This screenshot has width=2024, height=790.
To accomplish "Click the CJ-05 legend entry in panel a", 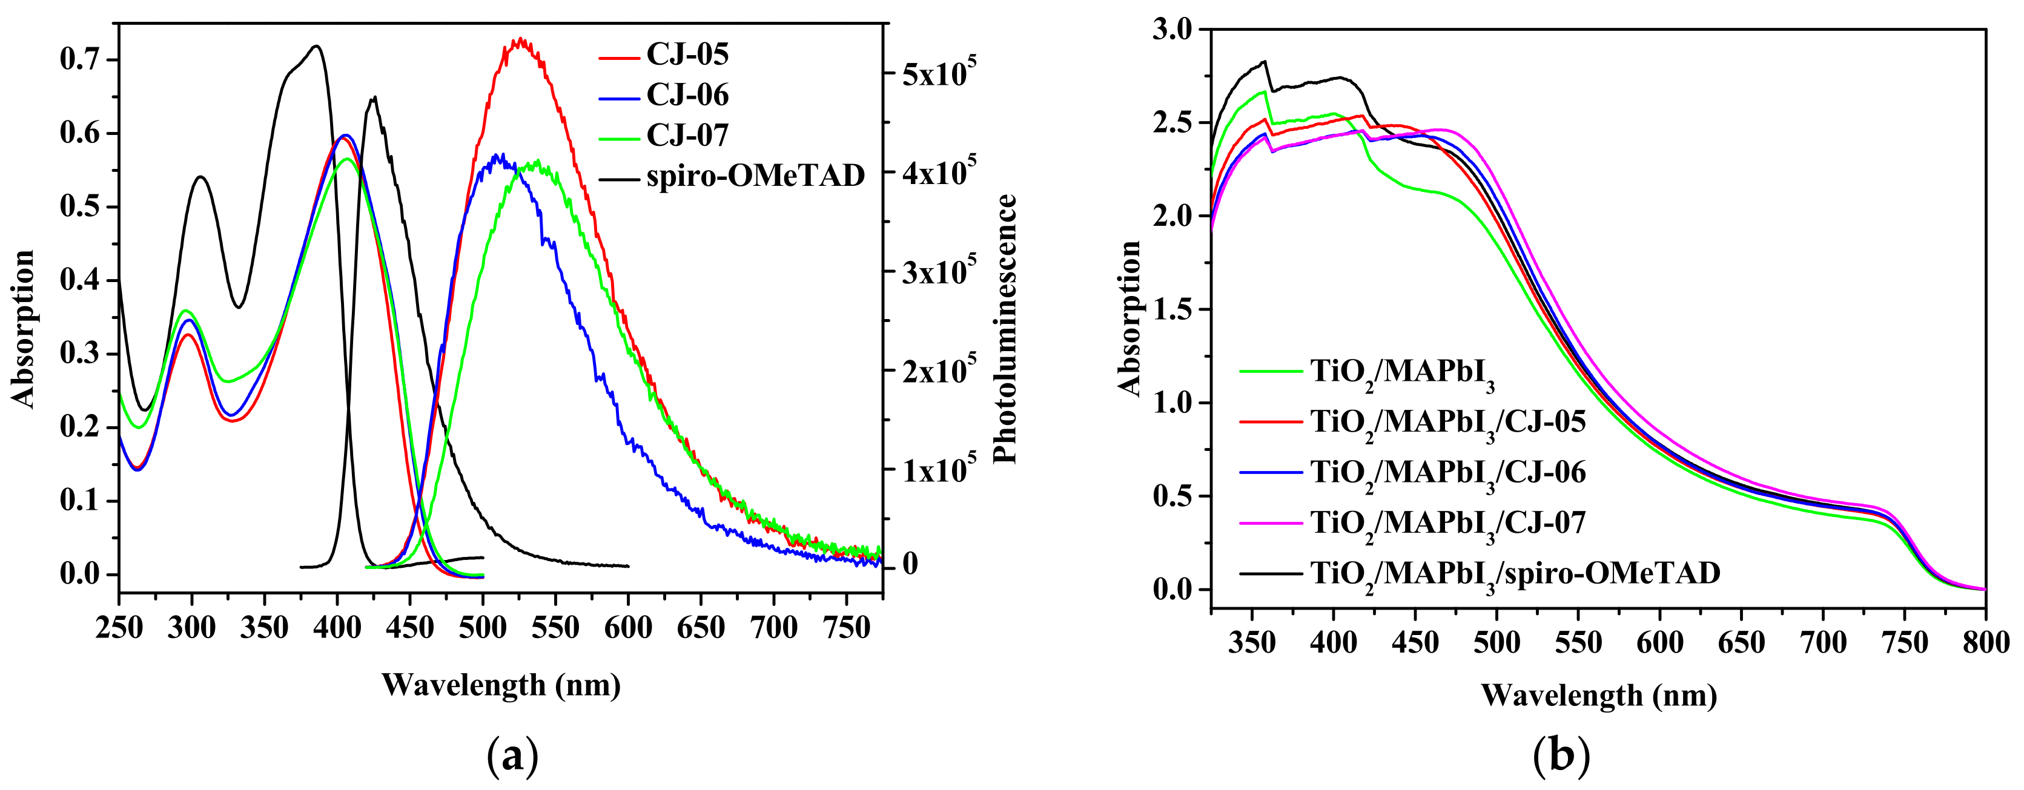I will pyautogui.click(x=687, y=54).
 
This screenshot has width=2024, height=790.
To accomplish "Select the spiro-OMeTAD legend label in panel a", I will pyautogui.click(x=754, y=176).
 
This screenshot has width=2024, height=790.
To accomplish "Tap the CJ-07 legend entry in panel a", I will pyautogui.click(x=687, y=136).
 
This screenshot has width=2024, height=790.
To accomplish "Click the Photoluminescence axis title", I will pyautogui.click(x=1005, y=329).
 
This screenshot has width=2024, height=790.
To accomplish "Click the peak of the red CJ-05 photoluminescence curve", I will pyautogui.click(x=518, y=39).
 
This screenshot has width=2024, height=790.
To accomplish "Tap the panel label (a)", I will pyautogui.click(x=512, y=756).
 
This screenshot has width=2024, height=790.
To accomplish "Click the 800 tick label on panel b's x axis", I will pyautogui.click(x=1985, y=643).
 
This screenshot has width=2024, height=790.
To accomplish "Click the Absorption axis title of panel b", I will pyautogui.click(x=1129, y=318).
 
